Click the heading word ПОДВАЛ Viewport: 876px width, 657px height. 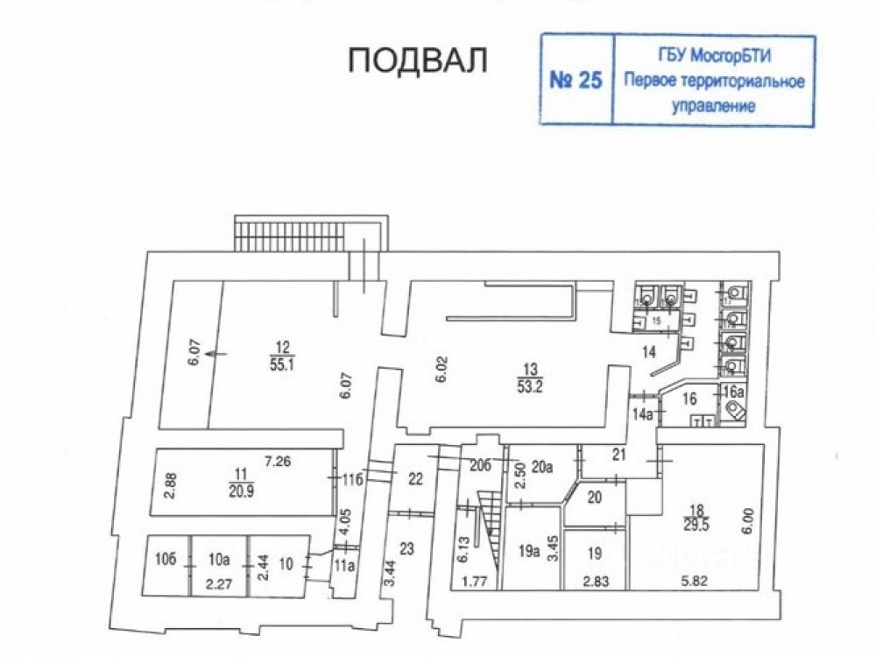tap(417, 60)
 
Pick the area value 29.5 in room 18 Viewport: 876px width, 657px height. tap(698, 524)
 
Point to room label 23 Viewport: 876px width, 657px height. tap(406, 549)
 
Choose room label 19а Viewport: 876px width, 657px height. tap(528, 552)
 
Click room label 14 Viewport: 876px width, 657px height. tap(648, 352)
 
